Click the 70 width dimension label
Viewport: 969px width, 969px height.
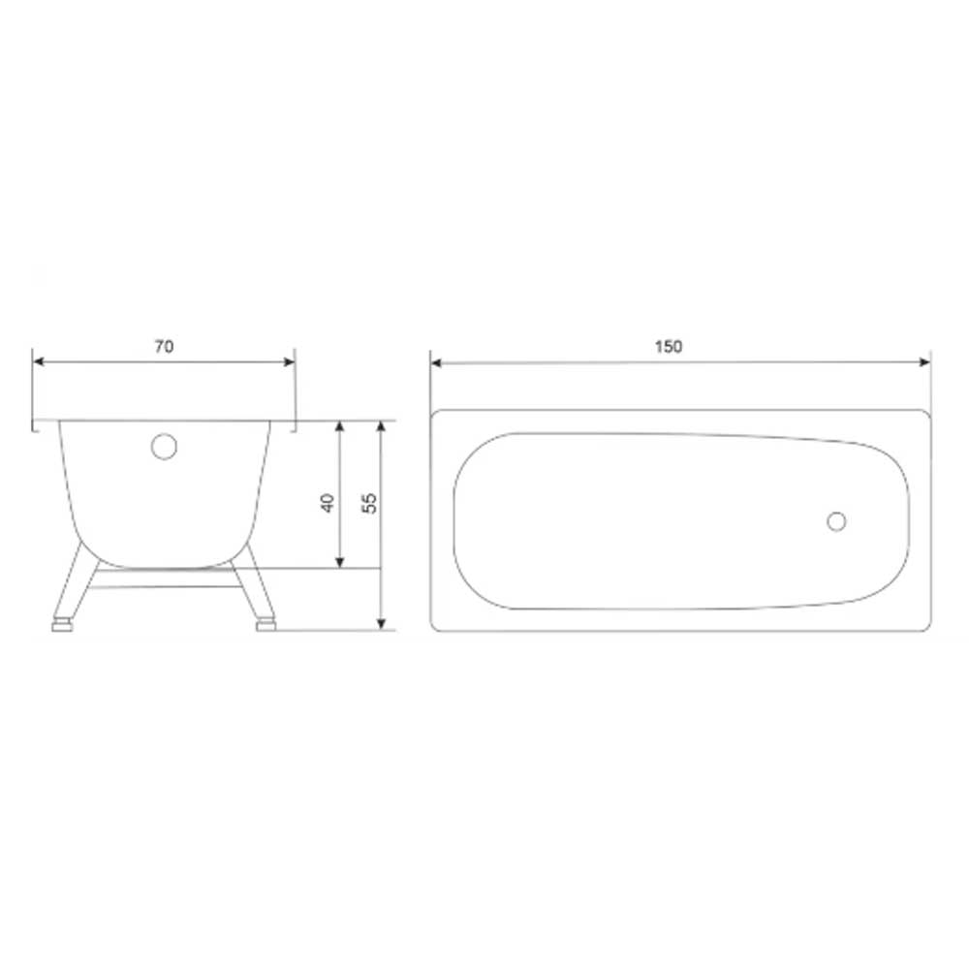click(x=164, y=347)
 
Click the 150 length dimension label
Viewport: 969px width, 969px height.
click(x=669, y=347)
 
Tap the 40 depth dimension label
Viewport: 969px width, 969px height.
click(x=328, y=502)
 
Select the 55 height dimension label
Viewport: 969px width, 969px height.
click(x=369, y=502)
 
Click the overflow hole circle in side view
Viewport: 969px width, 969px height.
click(x=165, y=447)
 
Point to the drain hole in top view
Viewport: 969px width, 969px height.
click(x=836, y=521)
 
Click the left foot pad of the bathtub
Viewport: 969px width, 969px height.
click(x=62, y=626)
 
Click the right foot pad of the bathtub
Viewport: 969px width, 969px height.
click(x=266, y=626)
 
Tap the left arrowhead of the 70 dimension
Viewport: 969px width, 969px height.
click(x=39, y=361)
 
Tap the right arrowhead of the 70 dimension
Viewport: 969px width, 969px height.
click(x=289, y=361)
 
